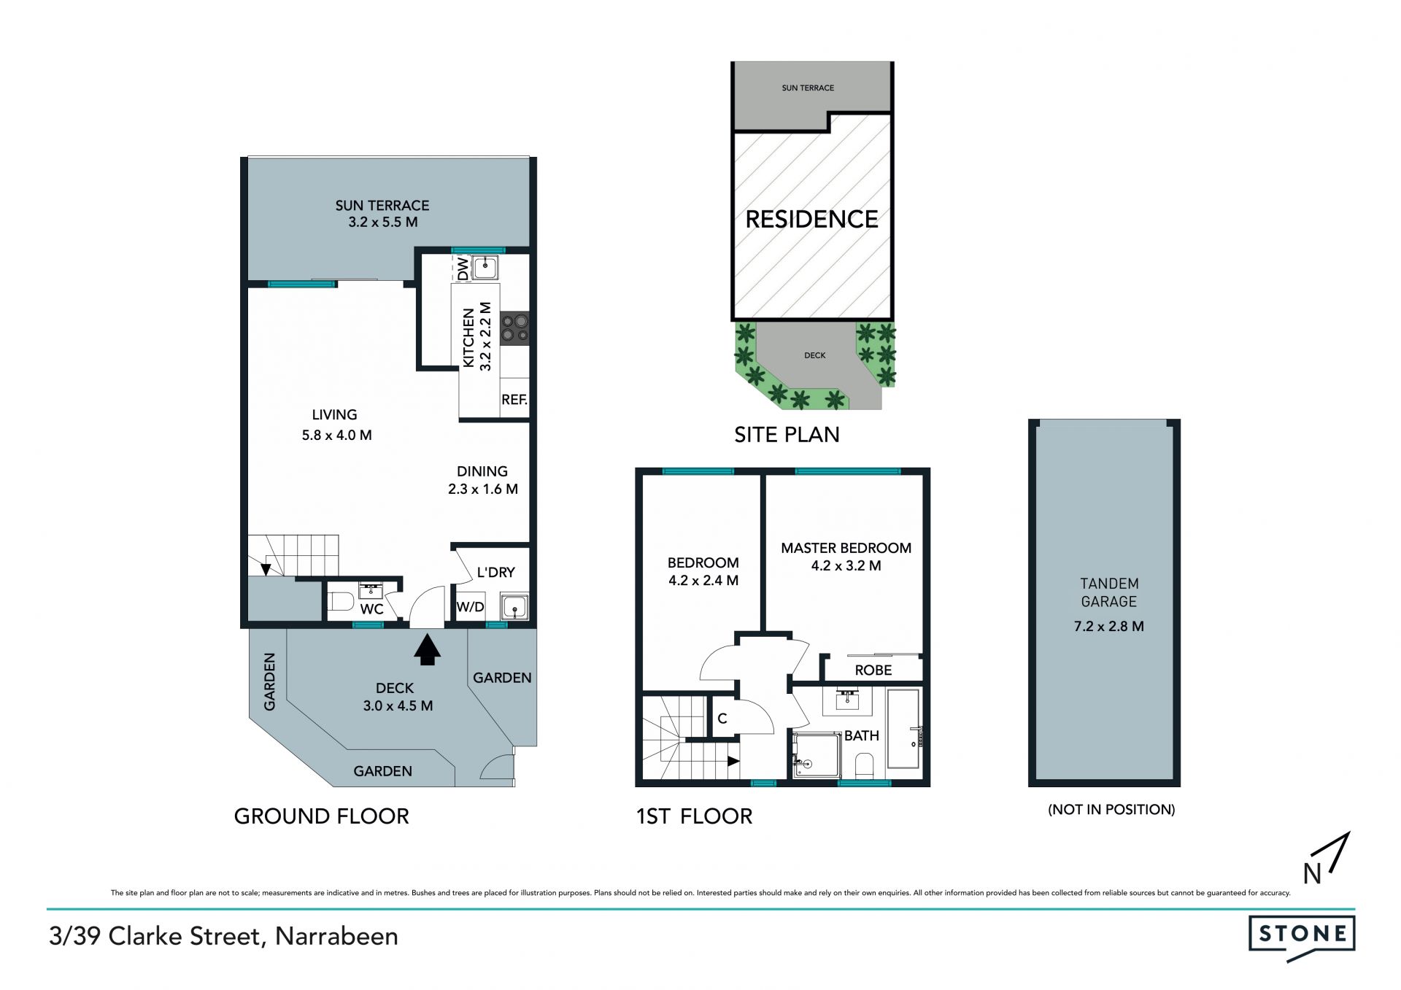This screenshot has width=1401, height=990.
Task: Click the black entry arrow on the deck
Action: pyautogui.click(x=428, y=650)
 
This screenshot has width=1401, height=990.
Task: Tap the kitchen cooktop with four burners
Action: pyautogui.click(x=514, y=328)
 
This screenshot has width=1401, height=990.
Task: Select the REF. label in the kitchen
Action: pyautogui.click(x=514, y=400)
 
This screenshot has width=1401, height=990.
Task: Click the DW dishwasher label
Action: pyautogui.click(x=463, y=268)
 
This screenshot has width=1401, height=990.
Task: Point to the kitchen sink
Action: pyautogui.click(x=485, y=268)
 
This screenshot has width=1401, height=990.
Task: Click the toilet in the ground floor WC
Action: pyautogui.click(x=341, y=603)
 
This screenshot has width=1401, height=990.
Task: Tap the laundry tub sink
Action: pyautogui.click(x=514, y=607)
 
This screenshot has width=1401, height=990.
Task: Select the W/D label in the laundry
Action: pyautogui.click(x=471, y=607)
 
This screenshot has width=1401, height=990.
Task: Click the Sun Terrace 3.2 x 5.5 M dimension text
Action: pyautogui.click(x=383, y=222)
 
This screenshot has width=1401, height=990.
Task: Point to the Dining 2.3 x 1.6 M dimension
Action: pyautogui.click(x=483, y=489)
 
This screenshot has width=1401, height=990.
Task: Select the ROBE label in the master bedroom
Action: pyautogui.click(x=873, y=670)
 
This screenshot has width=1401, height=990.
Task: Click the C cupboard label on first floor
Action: pyautogui.click(x=722, y=719)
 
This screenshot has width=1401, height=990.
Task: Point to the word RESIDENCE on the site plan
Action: pyautogui.click(x=811, y=219)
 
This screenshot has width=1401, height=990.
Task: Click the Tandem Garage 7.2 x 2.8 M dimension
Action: pyautogui.click(x=1109, y=626)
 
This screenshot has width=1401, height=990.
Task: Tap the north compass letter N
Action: pyautogui.click(x=1312, y=873)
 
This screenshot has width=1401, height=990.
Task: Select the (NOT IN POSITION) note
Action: pyautogui.click(x=1111, y=809)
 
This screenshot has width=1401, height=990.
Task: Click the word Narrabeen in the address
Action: pyautogui.click(x=336, y=936)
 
